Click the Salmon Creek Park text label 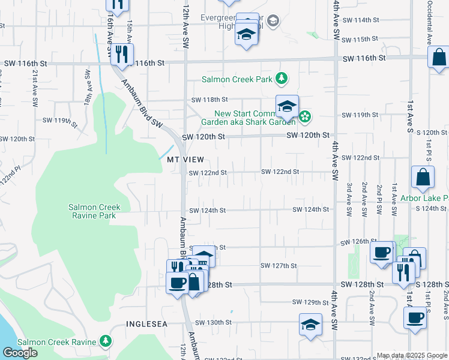point(237,79)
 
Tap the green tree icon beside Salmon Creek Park point(281,78)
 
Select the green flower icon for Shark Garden point(305,116)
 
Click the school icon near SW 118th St point(287,107)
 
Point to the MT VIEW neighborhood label point(182,160)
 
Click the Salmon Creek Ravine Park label point(94,211)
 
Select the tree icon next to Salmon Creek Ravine point(106,341)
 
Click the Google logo point(20,353)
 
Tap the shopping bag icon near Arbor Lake point(423,177)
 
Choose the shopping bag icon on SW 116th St point(439,58)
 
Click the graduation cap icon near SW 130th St point(310,325)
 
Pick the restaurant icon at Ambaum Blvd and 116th point(122,55)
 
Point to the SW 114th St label point(364,20)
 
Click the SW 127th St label point(279,265)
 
